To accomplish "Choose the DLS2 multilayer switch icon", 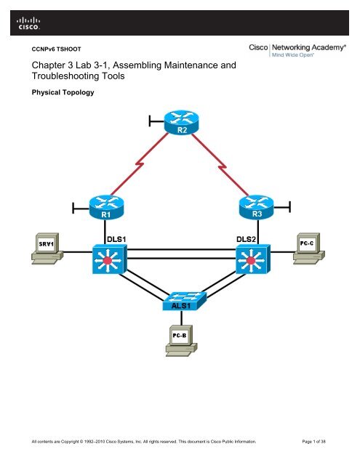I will click(x=252, y=259).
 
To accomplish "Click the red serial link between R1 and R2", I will click(x=142, y=166).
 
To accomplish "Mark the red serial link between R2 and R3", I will click(x=218, y=166).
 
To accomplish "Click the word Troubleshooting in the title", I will click(x=73, y=78).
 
